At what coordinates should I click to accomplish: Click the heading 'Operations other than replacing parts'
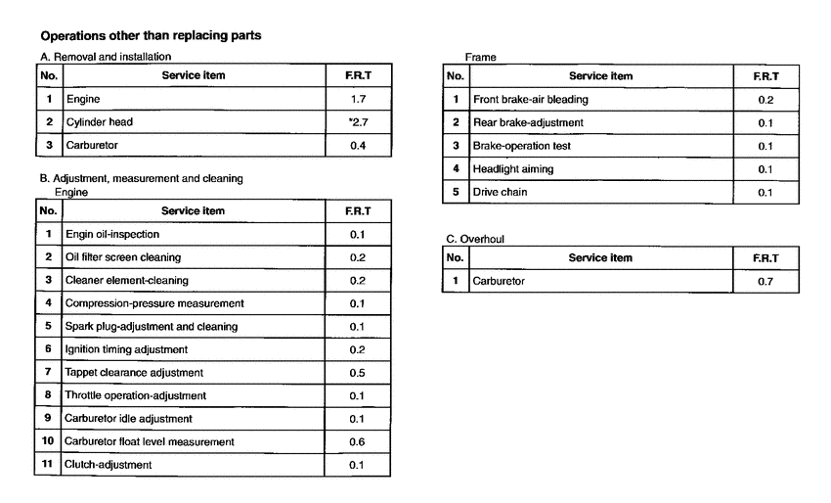pos(150,36)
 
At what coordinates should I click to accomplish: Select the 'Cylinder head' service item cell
pos(99,122)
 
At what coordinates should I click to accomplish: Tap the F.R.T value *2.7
pos(358,122)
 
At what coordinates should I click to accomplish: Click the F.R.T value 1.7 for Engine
pos(359,99)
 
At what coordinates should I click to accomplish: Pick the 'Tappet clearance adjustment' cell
pos(134,372)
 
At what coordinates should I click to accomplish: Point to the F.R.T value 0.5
pos(357,372)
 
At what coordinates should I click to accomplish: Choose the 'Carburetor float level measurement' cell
pos(150,441)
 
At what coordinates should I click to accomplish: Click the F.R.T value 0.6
pos(357,441)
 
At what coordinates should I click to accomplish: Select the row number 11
pos(48,464)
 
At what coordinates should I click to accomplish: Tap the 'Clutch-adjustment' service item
pos(109,464)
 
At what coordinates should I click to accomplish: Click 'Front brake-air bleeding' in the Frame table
pos(531,99)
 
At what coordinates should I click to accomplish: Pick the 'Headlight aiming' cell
pos(512,168)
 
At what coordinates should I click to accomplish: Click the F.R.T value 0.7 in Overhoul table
pos(765,281)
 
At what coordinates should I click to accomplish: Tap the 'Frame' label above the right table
pos(480,58)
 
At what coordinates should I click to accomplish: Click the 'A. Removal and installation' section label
pos(106,57)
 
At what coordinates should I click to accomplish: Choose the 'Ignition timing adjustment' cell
pos(126,349)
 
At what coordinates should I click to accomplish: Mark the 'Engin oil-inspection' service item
pos(112,235)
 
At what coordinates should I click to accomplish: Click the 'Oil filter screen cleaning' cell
pos(123,257)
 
